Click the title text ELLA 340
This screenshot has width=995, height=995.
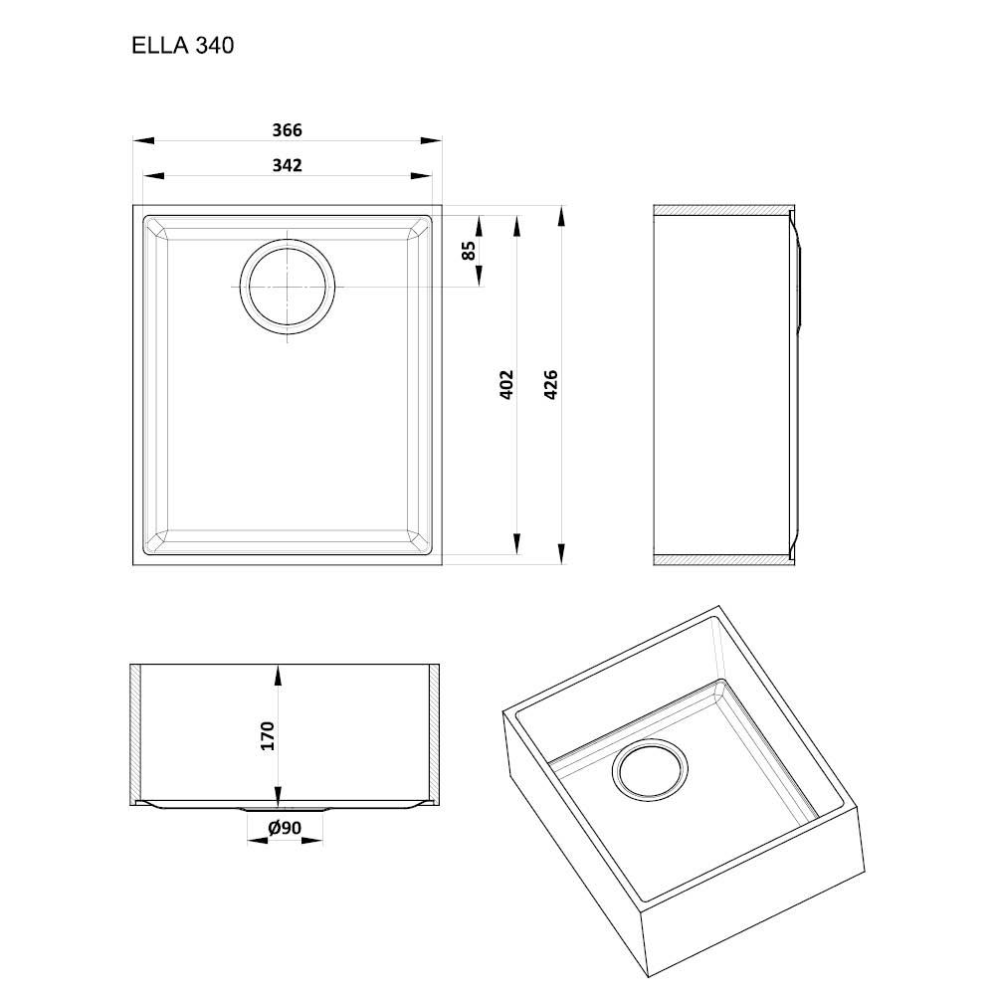pyautogui.click(x=182, y=46)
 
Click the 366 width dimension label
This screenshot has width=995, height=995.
pyautogui.click(x=287, y=130)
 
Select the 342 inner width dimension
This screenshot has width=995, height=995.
pyautogui.click(x=287, y=165)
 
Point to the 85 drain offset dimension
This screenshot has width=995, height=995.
pyautogui.click(x=469, y=251)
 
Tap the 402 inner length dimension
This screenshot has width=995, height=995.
pyautogui.click(x=506, y=384)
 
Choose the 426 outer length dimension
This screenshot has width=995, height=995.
pyautogui.click(x=551, y=384)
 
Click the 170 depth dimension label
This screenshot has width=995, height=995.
pyautogui.click(x=267, y=736)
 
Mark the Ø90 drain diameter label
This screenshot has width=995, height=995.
pyautogui.click(x=285, y=828)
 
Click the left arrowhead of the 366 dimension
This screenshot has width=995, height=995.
pyautogui.click(x=143, y=140)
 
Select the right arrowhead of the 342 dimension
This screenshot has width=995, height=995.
pyautogui.click(x=421, y=176)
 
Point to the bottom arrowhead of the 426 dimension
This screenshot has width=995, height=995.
pyautogui.click(x=561, y=553)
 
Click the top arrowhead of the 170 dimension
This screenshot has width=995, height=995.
pyautogui.click(x=278, y=676)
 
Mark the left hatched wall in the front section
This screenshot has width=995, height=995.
pyautogui.click(x=134, y=733)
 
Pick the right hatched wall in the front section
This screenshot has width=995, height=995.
pyautogui.click(x=434, y=733)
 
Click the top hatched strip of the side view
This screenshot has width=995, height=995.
pyautogui.click(x=723, y=210)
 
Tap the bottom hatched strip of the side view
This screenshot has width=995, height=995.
pyautogui.click(x=723, y=559)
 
